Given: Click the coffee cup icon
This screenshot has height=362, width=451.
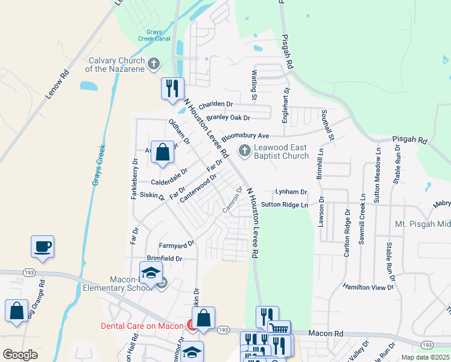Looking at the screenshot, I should tap(43, 246).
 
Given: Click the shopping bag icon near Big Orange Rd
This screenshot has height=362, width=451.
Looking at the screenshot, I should tap(17, 310).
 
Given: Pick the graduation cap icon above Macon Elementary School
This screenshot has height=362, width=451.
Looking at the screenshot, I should tap(151, 271).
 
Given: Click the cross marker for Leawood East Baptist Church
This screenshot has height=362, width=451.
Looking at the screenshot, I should tap(245, 150).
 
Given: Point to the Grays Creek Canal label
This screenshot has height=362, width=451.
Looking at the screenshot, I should tap(154, 36).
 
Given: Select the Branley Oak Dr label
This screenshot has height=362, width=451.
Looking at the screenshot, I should tap(228, 118).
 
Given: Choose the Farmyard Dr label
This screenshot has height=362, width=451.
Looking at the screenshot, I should tap(176, 245).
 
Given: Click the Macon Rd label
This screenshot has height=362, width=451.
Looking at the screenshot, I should tap(326, 332).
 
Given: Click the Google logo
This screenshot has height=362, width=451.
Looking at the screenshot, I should tap(20, 355).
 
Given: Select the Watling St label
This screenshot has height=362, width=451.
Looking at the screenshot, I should tap(254, 85).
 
